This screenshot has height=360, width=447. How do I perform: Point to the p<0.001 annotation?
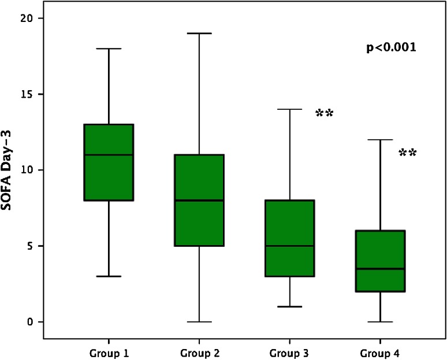(391, 48)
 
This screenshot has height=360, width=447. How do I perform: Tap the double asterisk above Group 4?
(408, 154)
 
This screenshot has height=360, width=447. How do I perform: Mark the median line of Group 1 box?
(109, 155)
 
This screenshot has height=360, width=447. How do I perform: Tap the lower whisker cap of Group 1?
(109, 276)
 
